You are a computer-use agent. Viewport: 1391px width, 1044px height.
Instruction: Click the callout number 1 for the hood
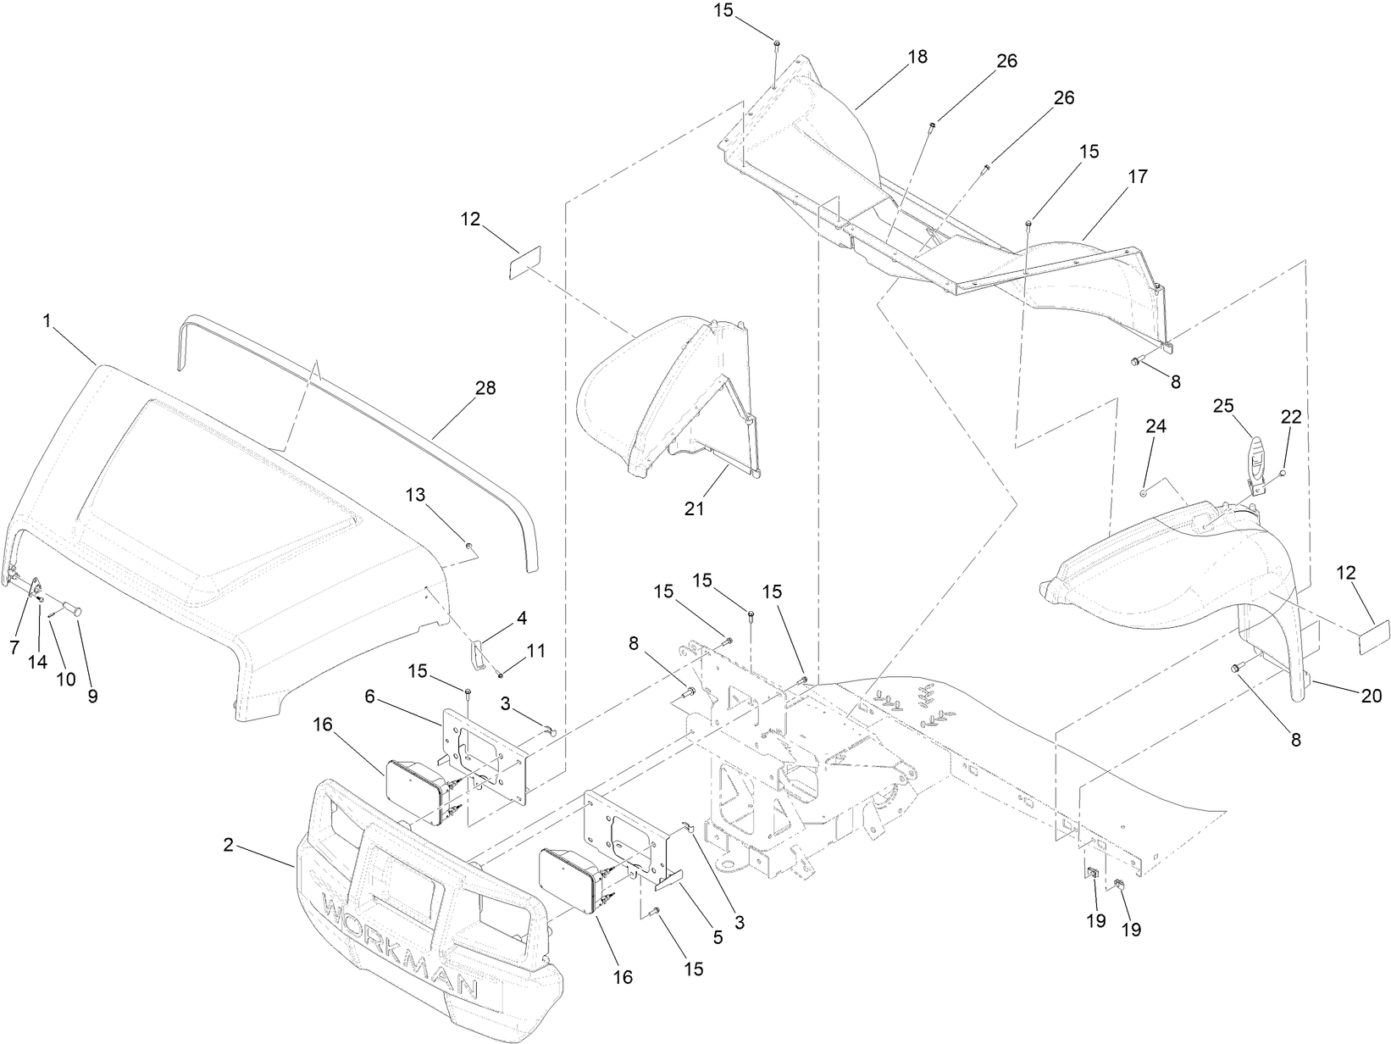47,321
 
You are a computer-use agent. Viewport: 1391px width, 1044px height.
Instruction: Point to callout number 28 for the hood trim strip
485,388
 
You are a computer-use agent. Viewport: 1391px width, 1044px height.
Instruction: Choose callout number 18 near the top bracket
917,57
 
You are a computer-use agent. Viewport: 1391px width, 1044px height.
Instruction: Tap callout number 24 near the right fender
1156,426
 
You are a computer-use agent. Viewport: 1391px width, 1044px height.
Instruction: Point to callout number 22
1291,418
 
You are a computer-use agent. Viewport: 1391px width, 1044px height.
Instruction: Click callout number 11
535,651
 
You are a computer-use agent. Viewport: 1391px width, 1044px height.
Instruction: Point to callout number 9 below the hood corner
92,696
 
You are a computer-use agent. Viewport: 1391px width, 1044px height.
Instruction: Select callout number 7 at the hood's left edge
14,647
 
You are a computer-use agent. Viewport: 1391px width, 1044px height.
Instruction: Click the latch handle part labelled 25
1255,460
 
